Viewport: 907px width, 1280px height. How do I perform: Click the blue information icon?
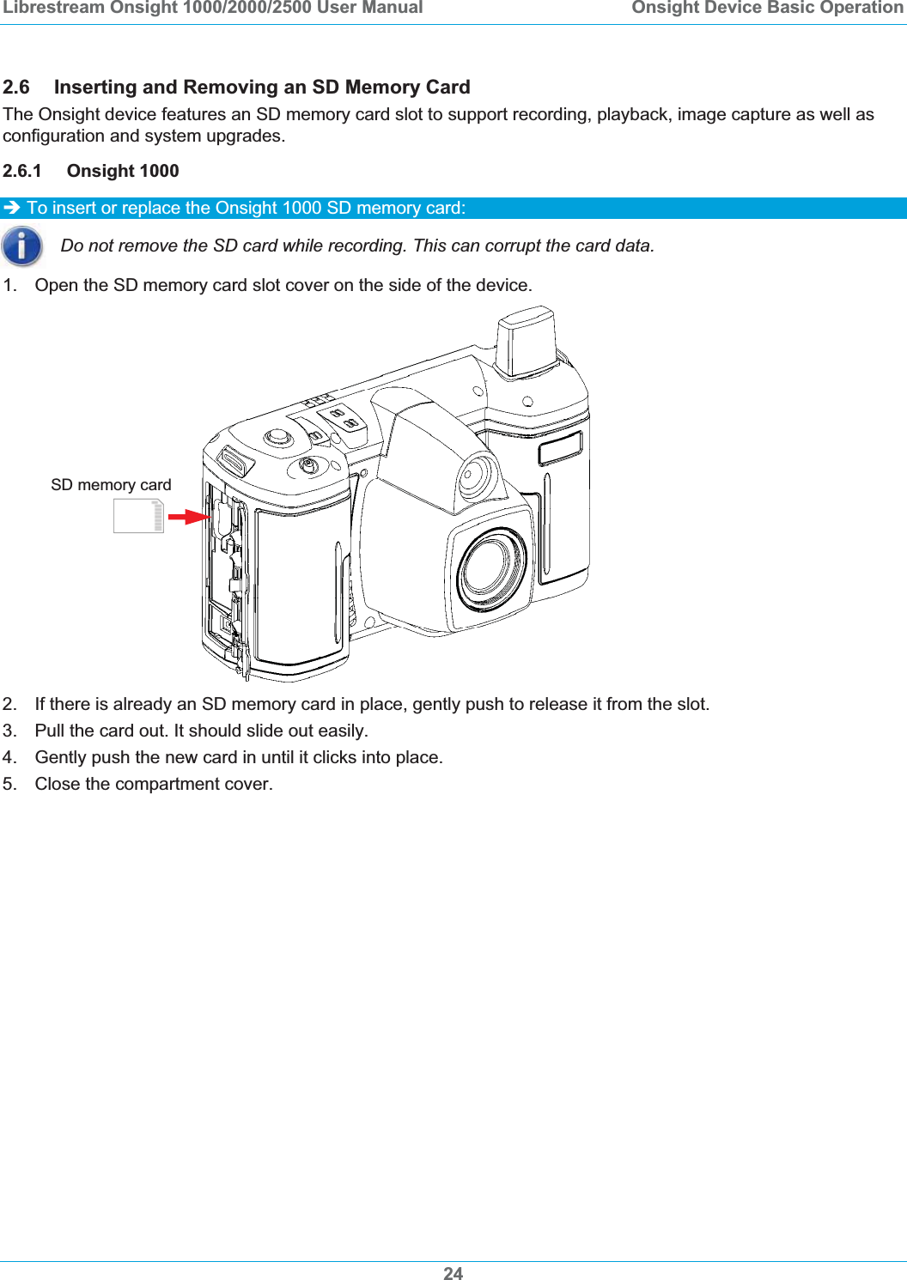(x=22, y=246)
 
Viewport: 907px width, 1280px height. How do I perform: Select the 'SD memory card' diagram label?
(x=111, y=485)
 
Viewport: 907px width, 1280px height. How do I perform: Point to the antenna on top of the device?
(x=527, y=343)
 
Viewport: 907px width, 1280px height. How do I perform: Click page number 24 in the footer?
(x=453, y=1273)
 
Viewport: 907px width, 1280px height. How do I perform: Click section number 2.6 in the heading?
(x=16, y=88)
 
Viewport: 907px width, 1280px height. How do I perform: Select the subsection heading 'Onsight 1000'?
(x=123, y=171)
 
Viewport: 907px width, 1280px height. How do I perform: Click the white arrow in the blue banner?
(x=12, y=208)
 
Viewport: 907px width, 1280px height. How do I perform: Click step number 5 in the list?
(x=9, y=784)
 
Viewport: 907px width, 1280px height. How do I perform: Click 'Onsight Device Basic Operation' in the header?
(x=767, y=9)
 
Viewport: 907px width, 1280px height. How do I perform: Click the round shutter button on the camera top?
(x=277, y=438)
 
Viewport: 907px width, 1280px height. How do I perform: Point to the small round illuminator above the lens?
(x=476, y=475)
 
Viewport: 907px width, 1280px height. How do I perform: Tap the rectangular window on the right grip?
(x=560, y=448)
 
